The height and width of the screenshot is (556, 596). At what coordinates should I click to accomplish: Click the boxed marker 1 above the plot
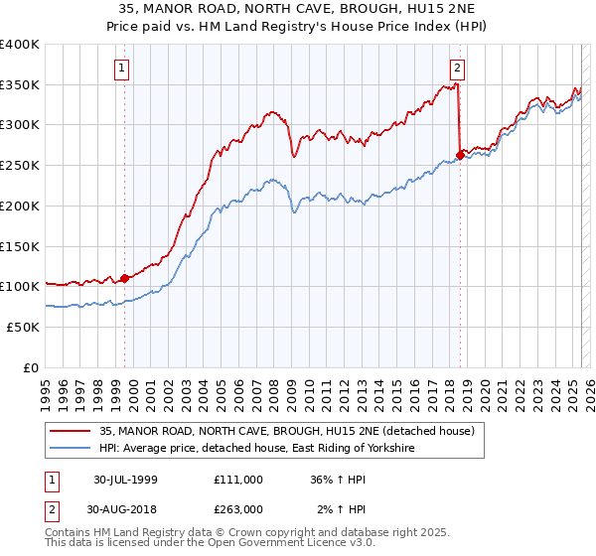(121, 69)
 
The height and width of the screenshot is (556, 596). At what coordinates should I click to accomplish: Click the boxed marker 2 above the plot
(457, 69)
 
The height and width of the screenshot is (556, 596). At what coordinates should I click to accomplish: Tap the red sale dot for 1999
(125, 278)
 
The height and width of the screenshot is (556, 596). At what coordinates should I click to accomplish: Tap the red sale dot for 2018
(460, 155)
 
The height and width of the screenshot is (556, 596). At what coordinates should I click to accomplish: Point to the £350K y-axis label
(20, 85)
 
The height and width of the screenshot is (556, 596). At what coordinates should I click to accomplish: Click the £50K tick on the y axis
(24, 327)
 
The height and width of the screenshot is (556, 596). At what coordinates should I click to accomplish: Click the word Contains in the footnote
(71, 534)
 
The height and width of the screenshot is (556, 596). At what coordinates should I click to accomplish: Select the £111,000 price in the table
(238, 479)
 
